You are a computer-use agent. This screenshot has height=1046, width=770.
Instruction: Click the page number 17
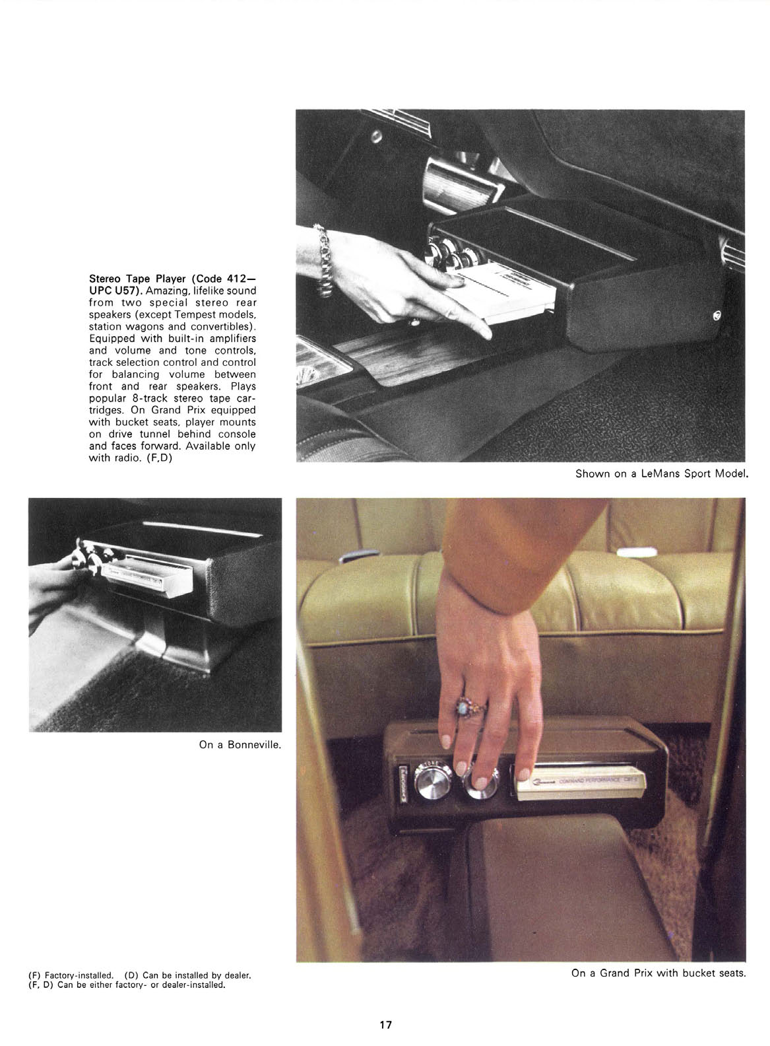click(x=385, y=1025)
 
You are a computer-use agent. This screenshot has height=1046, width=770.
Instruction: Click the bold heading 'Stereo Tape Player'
click(x=138, y=279)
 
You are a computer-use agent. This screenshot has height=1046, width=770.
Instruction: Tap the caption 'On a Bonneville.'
click(x=240, y=745)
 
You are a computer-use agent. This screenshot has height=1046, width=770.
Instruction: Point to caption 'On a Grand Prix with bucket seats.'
click(x=658, y=973)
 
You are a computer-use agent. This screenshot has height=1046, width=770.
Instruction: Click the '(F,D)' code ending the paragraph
click(x=159, y=458)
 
